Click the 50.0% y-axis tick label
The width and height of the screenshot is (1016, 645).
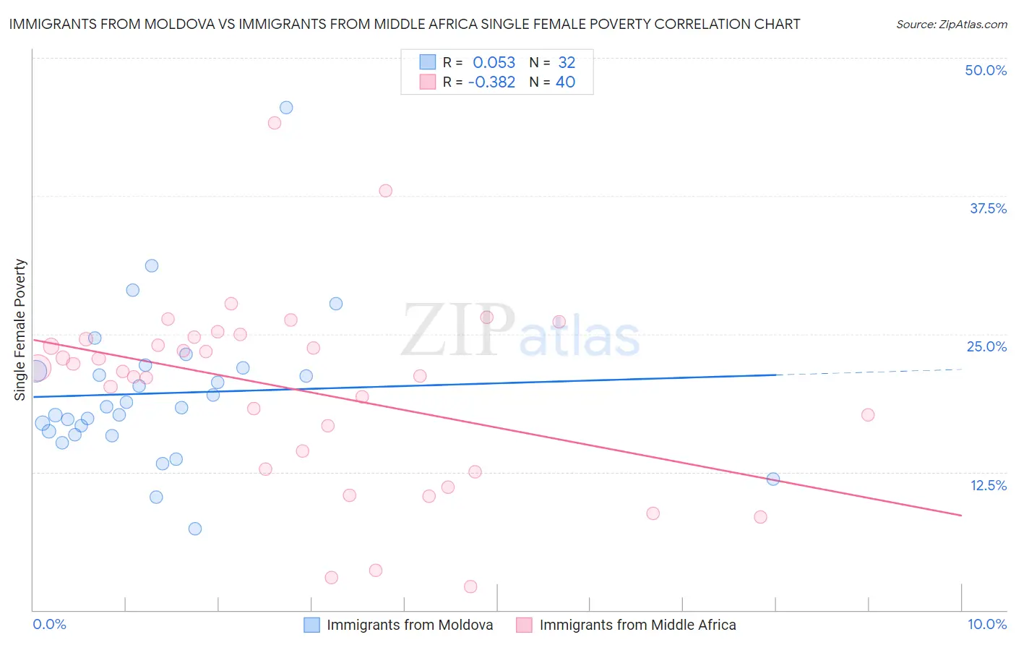point(986,70)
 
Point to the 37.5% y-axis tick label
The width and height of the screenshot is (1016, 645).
point(988,208)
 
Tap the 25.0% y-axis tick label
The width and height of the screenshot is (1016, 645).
point(986,346)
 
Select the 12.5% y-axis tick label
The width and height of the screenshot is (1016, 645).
point(988,485)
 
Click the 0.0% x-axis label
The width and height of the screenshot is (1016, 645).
point(49,624)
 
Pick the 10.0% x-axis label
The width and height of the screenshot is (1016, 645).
point(987,624)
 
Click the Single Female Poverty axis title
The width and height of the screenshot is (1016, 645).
point(20,330)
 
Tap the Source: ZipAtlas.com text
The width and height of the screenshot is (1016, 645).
point(951,25)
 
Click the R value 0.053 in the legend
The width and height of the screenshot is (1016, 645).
point(494,62)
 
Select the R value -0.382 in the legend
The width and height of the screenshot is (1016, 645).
point(491,82)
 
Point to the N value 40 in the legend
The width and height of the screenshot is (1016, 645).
point(565,82)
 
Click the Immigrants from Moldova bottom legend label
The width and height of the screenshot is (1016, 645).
point(410,625)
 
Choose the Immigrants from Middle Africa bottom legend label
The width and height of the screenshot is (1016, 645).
point(637,625)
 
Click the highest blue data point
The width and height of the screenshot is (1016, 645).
point(286,108)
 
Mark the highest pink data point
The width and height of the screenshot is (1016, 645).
point(275,123)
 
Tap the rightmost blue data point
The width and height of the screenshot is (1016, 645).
point(773,479)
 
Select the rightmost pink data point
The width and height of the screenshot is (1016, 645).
point(868,415)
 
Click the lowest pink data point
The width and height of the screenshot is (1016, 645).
point(470,586)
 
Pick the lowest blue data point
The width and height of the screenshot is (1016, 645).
point(195,529)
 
